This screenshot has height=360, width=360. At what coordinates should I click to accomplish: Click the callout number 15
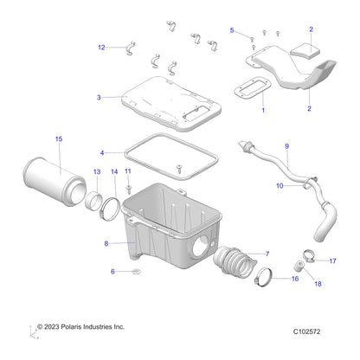click(59, 138)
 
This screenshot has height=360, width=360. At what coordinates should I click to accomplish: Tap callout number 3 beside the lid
click(100, 97)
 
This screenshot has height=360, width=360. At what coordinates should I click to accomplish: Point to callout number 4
click(102, 152)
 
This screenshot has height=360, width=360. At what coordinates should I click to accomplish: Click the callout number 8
click(106, 244)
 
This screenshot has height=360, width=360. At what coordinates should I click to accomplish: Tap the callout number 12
click(101, 47)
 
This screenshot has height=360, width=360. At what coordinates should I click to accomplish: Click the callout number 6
click(112, 272)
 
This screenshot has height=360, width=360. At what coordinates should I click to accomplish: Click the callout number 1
click(263, 111)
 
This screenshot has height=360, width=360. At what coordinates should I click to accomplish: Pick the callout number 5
click(232, 30)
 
